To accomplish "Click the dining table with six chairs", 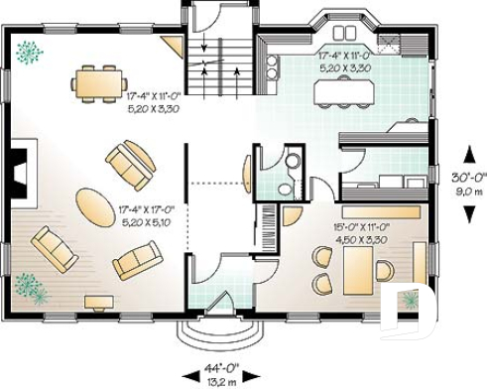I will pos(100,81).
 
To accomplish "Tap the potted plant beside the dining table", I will pos(31,49).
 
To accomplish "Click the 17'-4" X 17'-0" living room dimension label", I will pos(148,210).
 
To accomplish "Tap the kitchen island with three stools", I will pos(343,92).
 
